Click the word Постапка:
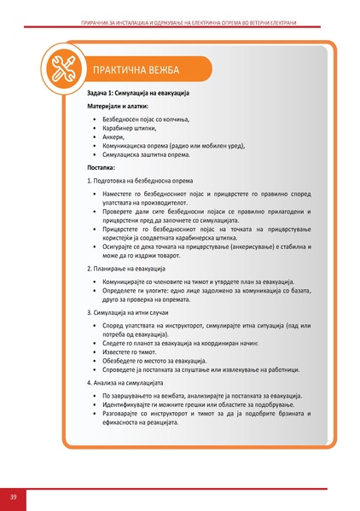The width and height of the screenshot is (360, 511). (104, 169)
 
